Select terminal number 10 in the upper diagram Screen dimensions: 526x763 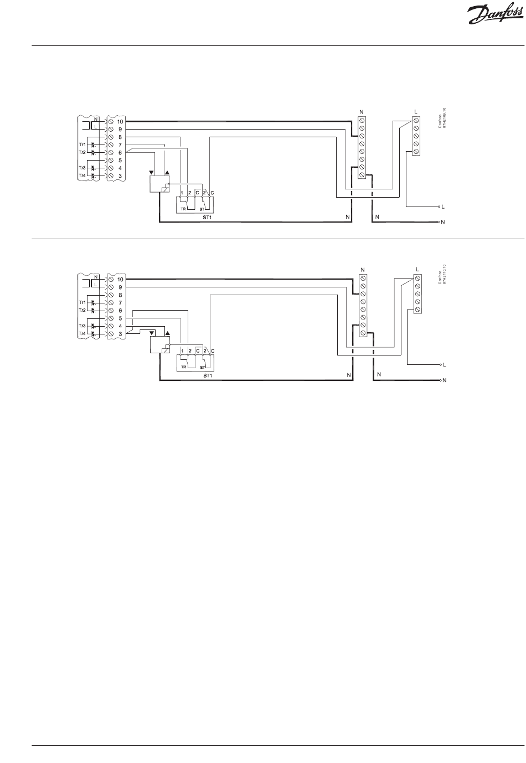pos(120,121)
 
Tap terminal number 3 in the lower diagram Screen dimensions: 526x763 pos(120,334)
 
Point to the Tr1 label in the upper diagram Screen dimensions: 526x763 pos(82,144)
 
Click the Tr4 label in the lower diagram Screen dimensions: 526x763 pos(82,334)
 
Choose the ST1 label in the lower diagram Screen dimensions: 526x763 pos(207,375)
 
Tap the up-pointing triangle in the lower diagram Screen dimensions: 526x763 pos(168,335)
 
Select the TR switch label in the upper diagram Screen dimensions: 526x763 pos(183,210)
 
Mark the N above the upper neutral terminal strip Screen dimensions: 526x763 pos(362,112)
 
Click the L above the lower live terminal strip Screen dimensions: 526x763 pos(416,270)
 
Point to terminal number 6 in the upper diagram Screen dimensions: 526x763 pos(120,152)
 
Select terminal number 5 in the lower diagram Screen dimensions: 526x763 pos(120,318)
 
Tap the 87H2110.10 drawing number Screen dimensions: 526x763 pos(444,275)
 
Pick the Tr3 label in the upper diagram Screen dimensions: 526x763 pos(82,168)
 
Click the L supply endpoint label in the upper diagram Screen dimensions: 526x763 pos(443,207)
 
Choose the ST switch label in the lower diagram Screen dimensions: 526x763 pos(202,367)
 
